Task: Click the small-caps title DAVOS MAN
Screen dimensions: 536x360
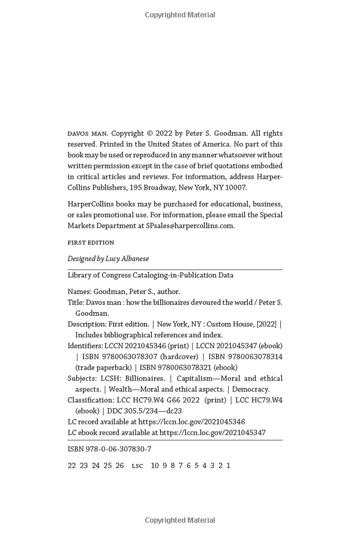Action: [87, 133]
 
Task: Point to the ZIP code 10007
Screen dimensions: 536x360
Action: [235, 187]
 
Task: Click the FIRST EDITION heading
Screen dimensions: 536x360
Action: [91, 242]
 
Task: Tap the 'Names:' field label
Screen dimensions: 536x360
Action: [80, 292]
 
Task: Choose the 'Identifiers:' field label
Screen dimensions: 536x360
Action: [85, 346]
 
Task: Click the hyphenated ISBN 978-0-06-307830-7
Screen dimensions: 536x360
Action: [109, 449]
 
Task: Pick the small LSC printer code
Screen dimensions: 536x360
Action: [137, 466]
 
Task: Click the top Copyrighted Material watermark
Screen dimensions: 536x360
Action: [180, 14]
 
